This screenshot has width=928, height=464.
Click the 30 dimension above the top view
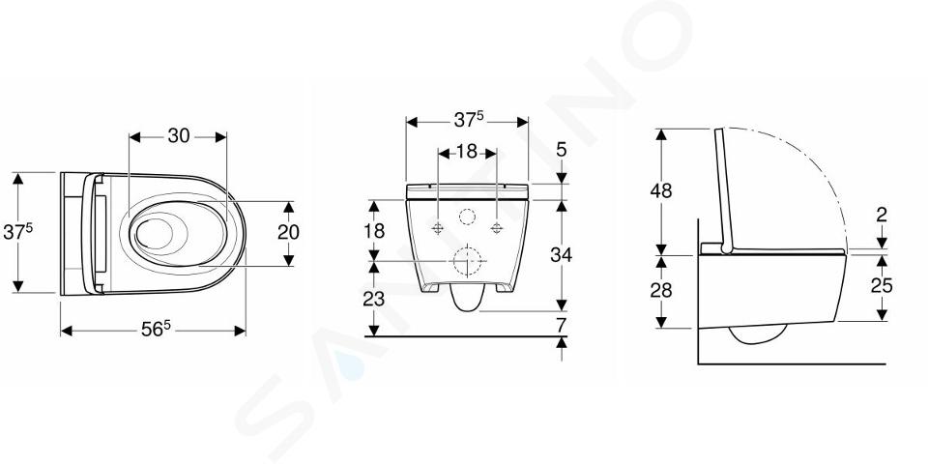click(x=179, y=136)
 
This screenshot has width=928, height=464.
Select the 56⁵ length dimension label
click(x=156, y=329)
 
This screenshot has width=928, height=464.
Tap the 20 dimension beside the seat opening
click(x=288, y=233)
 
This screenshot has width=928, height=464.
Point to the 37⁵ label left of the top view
click(x=17, y=232)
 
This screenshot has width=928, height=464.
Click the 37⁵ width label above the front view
click(x=469, y=120)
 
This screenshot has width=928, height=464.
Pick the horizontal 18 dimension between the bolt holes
click(x=467, y=152)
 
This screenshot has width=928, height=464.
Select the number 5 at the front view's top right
click(x=561, y=151)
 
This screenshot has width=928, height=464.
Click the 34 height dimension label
click(x=561, y=255)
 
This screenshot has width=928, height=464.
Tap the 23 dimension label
click(x=374, y=300)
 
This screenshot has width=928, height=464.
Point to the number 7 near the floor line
click(x=561, y=325)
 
